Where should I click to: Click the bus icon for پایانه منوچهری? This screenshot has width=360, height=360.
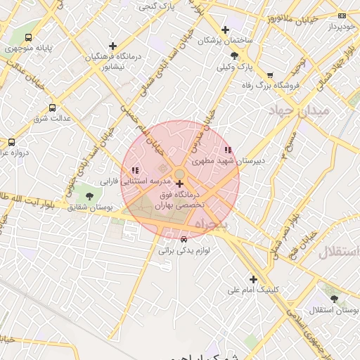(x=28, y=37)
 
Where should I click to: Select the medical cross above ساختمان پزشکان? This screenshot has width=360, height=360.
(x=225, y=30)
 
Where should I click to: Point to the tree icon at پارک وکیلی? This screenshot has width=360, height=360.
(x=233, y=56)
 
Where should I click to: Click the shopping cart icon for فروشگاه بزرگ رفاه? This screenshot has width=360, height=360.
(x=270, y=75)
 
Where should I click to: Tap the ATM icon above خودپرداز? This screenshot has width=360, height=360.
(x=342, y=15)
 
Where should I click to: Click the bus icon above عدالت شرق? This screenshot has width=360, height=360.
(x=53, y=108)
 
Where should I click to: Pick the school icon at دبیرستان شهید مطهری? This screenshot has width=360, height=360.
(x=227, y=150)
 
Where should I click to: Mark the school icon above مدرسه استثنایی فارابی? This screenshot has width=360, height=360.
(x=135, y=170)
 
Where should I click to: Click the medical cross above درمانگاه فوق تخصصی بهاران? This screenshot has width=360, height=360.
(x=179, y=184)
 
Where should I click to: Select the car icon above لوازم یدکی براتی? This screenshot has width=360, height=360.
(x=184, y=239)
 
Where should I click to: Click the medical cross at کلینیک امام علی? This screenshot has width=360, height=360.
(x=253, y=279)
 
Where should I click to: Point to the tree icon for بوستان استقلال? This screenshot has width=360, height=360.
(x=333, y=298)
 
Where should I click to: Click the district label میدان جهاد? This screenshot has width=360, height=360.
(x=300, y=111)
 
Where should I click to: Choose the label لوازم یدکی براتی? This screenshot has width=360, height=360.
(x=184, y=250)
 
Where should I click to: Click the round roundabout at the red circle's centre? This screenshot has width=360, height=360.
(x=180, y=174)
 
